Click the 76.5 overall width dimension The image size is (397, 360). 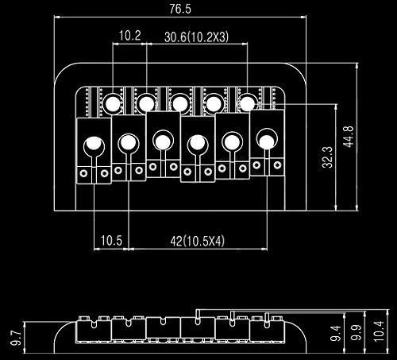point(180,9)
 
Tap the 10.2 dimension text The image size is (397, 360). point(129,36)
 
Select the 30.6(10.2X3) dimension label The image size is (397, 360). point(196,37)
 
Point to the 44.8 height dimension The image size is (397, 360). point(349,137)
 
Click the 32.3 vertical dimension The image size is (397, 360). point(327,157)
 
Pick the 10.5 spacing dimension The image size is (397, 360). point(111,241)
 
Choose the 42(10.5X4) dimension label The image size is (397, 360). point(197,241)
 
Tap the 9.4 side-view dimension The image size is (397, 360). point(335,333)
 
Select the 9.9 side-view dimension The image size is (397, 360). point(356,332)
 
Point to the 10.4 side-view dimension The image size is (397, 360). point(379,331)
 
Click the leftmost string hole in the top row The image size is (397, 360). point(113,103)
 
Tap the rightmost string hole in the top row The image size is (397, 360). point(248,103)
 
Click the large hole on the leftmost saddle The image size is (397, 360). point(94,145)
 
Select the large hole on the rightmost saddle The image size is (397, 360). point(267,141)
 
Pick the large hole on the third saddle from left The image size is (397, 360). point(163,142)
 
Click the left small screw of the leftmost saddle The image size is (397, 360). point(84,173)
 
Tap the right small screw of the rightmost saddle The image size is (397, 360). point(277,165)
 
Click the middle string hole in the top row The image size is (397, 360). point(180,103)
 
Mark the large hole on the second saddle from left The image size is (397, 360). point(129,143)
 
